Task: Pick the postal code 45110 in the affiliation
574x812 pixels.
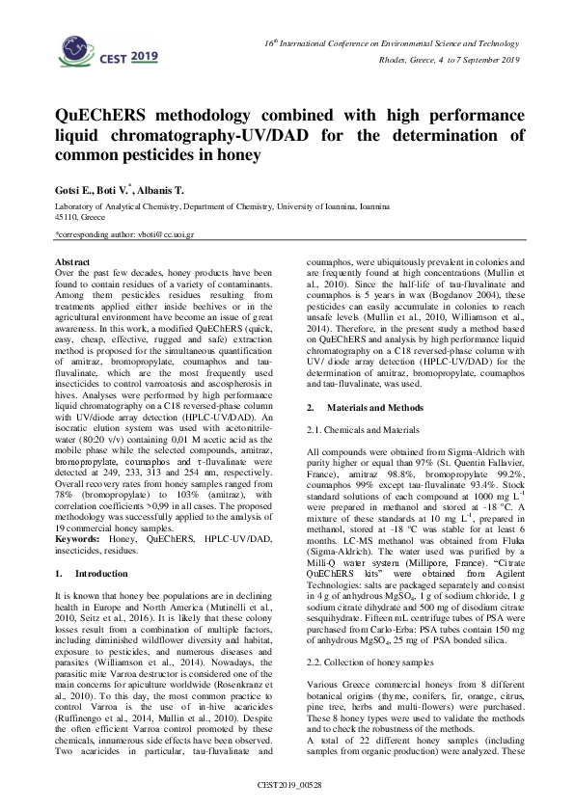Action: pyautogui.click(x=68, y=217)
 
